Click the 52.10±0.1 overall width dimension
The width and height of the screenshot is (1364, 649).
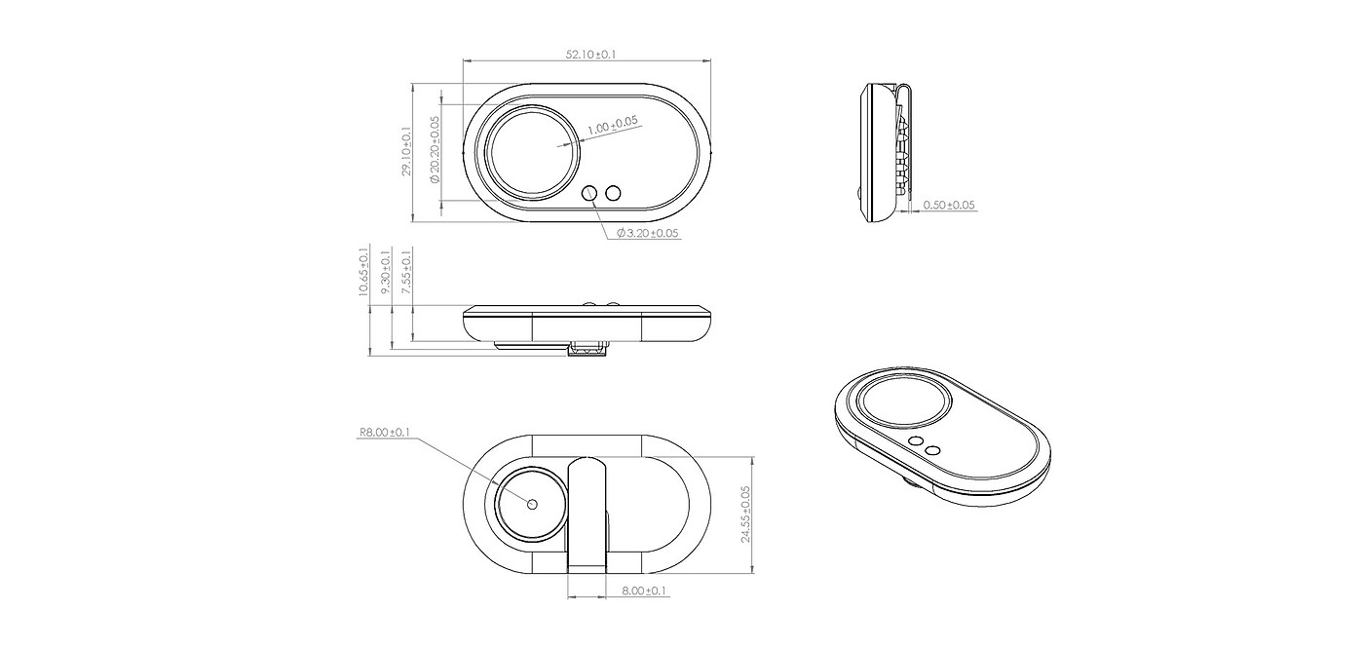click(590, 55)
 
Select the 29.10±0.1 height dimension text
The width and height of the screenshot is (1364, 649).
click(406, 151)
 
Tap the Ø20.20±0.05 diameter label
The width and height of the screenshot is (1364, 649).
click(434, 150)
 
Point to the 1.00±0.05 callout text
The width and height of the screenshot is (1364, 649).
click(613, 124)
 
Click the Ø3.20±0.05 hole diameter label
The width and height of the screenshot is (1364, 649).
click(647, 233)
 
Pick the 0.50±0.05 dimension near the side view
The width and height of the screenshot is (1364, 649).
click(949, 206)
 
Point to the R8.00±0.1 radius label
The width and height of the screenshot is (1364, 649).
click(385, 432)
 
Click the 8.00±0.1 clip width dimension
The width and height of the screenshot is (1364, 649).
click(645, 591)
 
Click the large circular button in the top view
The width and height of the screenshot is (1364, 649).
click(534, 152)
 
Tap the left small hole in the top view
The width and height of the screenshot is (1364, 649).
click(590, 194)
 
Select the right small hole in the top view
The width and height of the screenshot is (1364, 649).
click(613, 194)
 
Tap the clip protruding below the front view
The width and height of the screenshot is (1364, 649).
click(587, 348)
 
